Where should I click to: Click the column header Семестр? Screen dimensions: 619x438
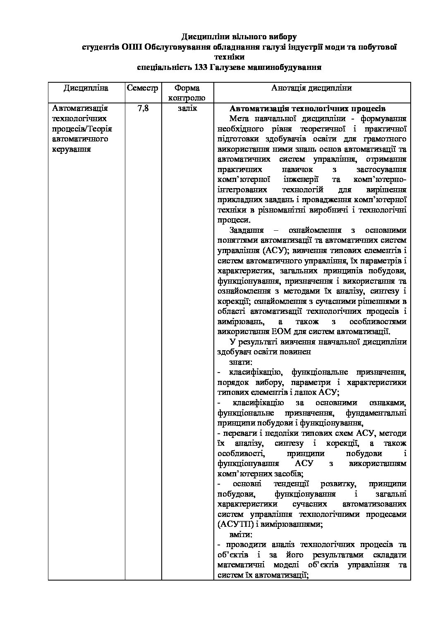point(142,88)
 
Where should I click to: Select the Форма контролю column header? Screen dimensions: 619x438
point(187,93)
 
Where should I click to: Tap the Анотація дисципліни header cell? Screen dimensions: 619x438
point(312,88)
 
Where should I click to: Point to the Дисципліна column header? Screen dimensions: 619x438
point(86,88)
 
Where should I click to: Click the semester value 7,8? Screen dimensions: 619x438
point(142,109)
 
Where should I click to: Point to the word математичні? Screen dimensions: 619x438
point(240,565)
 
